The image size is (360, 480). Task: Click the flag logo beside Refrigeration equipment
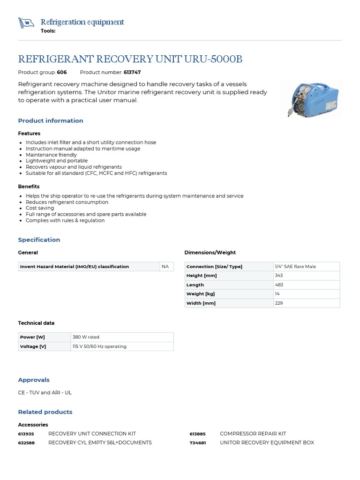point(26,22)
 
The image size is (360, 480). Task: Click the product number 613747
point(132,72)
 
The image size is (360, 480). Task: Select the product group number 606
point(62,72)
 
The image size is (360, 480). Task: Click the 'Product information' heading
point(51,120)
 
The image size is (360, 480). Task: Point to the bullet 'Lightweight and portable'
point(57,161)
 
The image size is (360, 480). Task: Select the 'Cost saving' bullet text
point(40,208)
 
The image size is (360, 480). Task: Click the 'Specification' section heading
point(39,240)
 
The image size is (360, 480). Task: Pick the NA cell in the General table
point(165,266)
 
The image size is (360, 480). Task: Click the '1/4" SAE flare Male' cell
point(295,266)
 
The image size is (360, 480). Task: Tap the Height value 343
point(279,276)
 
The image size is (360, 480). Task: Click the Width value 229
point(279,303)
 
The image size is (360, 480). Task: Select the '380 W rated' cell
point(86,337)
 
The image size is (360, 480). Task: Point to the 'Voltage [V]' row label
point(33,346)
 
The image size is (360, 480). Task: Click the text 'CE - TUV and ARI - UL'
point(45,392)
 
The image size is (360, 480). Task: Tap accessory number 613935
point(26,434)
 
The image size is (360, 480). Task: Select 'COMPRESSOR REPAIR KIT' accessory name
point(253,434)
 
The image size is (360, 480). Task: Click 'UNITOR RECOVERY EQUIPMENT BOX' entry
point(267,442)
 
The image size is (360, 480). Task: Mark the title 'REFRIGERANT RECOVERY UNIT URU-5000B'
point(130,59)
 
